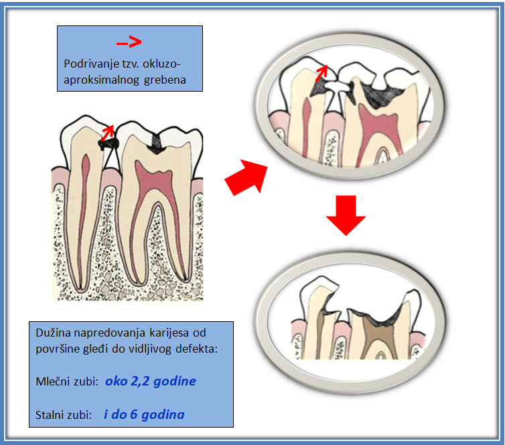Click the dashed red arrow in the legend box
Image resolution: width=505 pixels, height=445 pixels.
(x=129, y=43)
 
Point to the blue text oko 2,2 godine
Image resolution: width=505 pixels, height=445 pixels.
(x=151, y=381)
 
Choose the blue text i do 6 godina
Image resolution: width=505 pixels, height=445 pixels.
(x=144, y=414)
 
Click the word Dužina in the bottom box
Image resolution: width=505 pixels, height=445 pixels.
(x=52, y=332)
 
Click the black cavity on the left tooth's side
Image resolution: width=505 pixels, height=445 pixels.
(x=107, y=143)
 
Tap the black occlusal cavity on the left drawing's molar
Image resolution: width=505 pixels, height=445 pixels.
(x=157, y=140)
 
